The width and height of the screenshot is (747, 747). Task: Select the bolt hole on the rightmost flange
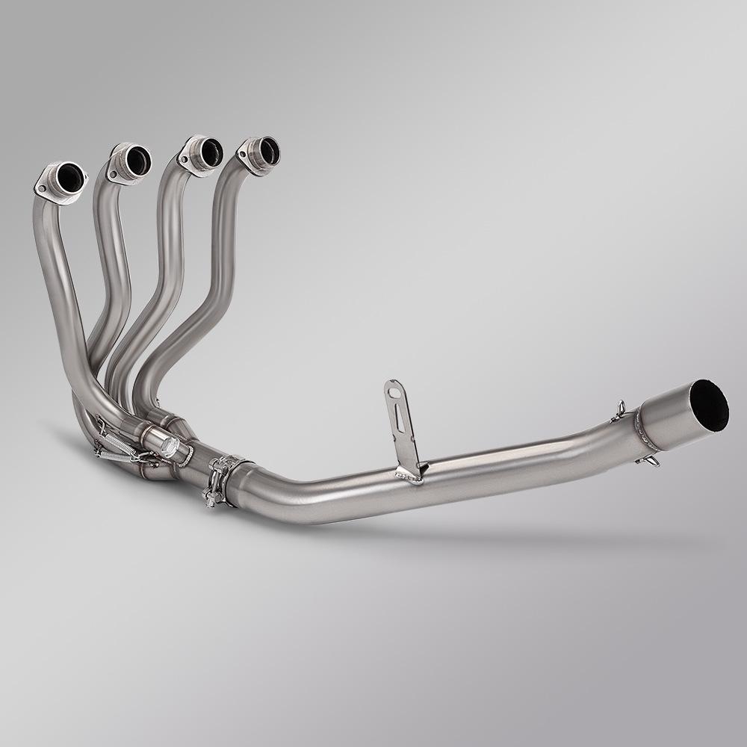coord(243,155)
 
